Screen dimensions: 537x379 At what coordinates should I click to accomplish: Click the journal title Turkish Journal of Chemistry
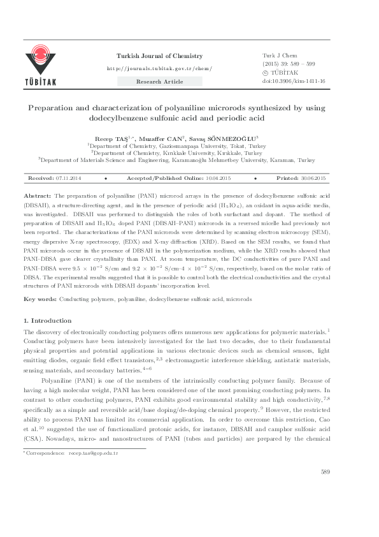[x=159, y=56]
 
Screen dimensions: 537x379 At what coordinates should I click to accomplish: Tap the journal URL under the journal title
[x=159, y=68]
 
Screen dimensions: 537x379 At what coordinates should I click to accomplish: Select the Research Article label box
[x=159, y=82]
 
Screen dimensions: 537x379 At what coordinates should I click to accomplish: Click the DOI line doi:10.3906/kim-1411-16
[x=294, y=82]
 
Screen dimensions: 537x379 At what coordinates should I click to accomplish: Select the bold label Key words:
[x=39, y=299]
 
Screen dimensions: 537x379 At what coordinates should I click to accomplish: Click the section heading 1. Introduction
[x=48, y=320]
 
